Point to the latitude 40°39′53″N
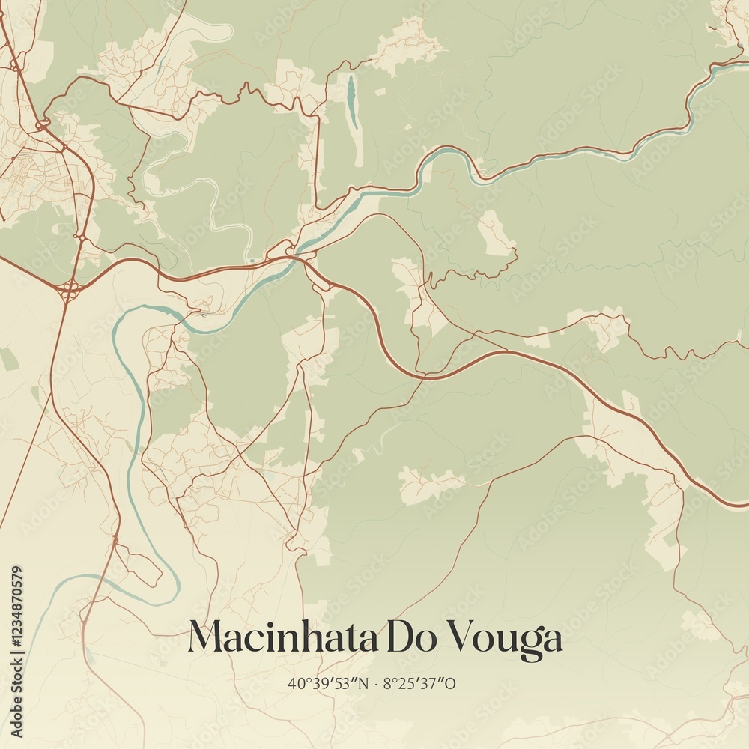coord(327,683)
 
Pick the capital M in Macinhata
coord(205,638)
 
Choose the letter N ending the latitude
coord(362,683)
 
